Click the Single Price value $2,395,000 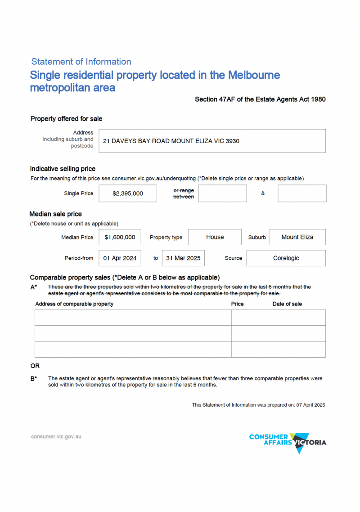(x=128, y=193)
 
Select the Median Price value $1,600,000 (x=120, y=237)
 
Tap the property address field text (x=171, y=141)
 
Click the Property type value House (x=215, y=237)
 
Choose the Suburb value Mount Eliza (x=297, y=237)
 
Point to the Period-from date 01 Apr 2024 (x=120, y=258)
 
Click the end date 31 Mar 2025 (x=183, y=258)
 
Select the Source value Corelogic (x=286, y=258)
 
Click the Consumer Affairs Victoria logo (x=288, y=442)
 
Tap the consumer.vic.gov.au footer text (x=56, y=436)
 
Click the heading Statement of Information (x=81, y=62)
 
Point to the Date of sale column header (x=287, y=304)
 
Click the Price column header (x=238, y=304)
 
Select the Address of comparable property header (x=74, y=304)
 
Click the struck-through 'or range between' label (x=184, y=193)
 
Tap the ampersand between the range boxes (x=263, y=193)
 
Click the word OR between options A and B (x=35, y=366)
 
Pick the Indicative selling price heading (x=63, y=169)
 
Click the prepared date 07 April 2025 (x=310, y=405)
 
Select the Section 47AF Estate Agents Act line (x=260, y=99)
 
